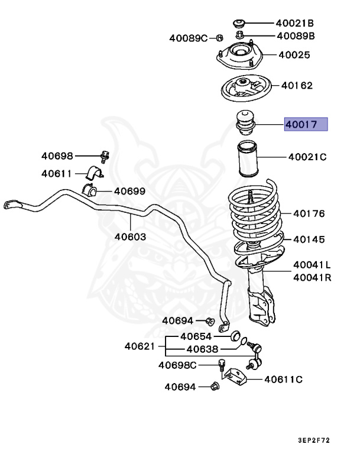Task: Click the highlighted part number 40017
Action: tap(305, 125)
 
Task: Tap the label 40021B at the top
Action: tap(294, 23)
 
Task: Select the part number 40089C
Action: tap(189, 38)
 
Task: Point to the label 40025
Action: tap(294, 55)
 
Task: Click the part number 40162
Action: tap(297, 85)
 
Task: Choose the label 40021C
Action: tap(307, 157)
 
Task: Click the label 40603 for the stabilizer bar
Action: tap(130, 236)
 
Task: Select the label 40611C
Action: tap(283, 379)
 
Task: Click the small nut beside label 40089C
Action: tap(219, 38)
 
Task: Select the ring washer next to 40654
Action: tap(234, 336)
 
